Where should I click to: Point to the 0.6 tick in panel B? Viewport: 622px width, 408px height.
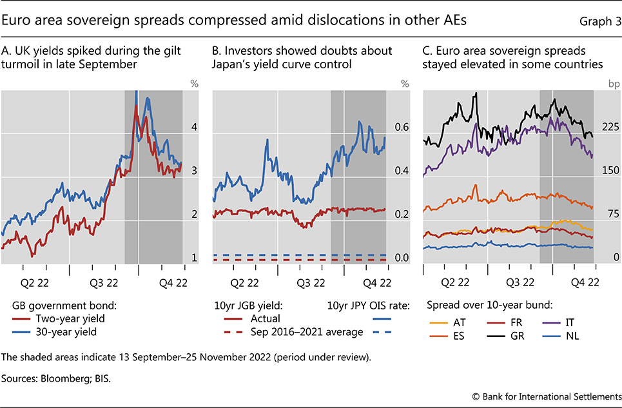pos(402,128)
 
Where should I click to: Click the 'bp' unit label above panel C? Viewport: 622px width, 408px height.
pos(612,83)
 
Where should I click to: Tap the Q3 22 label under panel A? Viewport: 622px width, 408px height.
pos(103,282)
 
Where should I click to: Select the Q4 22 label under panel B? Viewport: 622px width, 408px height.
pos(378,282)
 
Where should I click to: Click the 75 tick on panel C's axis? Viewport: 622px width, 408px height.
pos(610,215)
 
